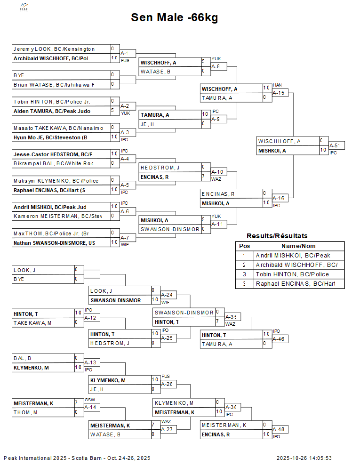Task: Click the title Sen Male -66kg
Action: click(174, 18)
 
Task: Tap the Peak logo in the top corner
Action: click(24, 7)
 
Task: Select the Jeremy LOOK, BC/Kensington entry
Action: click(54, 49)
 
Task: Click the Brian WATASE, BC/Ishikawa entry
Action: click(54, 84)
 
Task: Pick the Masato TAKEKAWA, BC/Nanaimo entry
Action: click(57, 128)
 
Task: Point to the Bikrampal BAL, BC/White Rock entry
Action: click(53, 163)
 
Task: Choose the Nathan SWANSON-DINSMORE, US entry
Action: click(54, 242)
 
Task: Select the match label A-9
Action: click(216, 119)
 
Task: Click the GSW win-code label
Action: click(89, 400)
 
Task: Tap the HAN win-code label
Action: click(277, 85)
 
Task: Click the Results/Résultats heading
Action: click(277, 236)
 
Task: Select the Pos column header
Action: click(244, 246)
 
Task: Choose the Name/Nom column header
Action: click(298, 246)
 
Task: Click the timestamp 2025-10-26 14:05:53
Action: click(304, 458)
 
